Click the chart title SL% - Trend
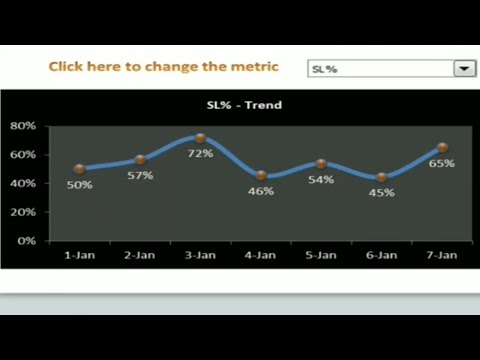click(x=244, y=105)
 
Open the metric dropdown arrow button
click(x=464, y=68)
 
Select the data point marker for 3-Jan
click(x=201, y=138)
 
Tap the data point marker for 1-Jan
click(x=79, y=168)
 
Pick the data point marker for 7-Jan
click(x=442, y=148)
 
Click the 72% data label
click(x=200, y=154)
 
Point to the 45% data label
click(x=382, y=192)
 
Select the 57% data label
click(x=140, y=175)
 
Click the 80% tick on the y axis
click(x=23, y=126)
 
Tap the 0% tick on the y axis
click(x=27, y=241)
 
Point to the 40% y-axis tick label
click(x=23, y=184)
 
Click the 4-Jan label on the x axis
click(x=261, y=256)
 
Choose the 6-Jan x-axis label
click(x=382, y=256)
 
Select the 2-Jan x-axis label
click(x=140, y=256)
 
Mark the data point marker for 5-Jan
click(x=321, y=163)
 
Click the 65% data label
click(x=442, y=163)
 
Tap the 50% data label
click(x=80, y=185)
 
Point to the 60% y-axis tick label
click(x=23, y=155)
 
